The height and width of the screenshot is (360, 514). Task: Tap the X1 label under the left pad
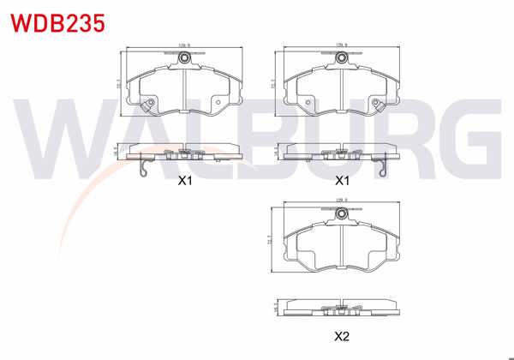pyautogui.click(x=183, y=181)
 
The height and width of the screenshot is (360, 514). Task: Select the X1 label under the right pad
pyautogui.click(x=342, y=181)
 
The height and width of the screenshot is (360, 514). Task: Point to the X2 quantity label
pyautogui.click(x=342, y=337)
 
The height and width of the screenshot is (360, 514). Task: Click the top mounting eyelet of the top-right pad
pyautogui.click(x=342, y=58)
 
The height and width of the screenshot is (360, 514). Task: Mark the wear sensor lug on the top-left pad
pyautogui.click(x=150, y=106)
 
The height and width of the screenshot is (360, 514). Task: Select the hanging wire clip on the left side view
pyautogui.click(x=145, y=171)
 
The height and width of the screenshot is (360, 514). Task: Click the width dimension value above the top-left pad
pyautogui.click(x=182, y=45)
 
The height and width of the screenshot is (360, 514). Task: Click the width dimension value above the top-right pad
pyautogui.click(x=341, y=45)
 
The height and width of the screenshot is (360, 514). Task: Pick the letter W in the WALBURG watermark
pyautogui.click(x=56, y=137)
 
